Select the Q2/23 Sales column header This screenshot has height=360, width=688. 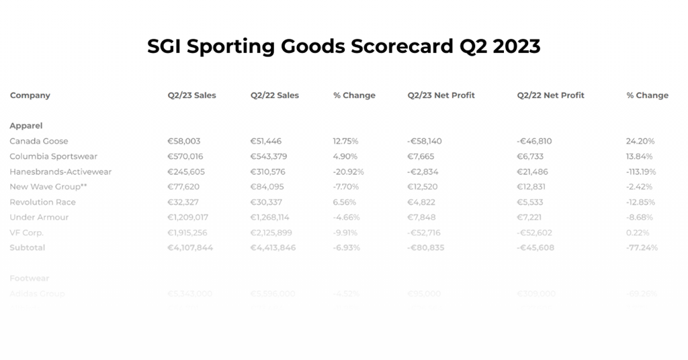192,95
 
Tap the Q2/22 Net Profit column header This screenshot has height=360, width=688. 550,95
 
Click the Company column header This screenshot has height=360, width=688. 30,95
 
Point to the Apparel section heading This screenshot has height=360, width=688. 26,126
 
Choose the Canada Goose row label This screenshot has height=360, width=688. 39,141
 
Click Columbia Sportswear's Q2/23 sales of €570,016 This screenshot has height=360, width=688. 184,156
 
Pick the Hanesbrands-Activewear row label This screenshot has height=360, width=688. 60,172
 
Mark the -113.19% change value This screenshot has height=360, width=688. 641,172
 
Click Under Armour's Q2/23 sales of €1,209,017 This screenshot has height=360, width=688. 188,218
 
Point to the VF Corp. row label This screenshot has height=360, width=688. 27,232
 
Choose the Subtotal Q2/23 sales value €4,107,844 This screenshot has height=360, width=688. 190,248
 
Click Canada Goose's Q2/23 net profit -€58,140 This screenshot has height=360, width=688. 425,141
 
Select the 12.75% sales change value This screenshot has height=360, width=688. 345,141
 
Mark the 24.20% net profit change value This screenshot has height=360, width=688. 640,141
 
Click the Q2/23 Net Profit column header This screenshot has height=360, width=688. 441,95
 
